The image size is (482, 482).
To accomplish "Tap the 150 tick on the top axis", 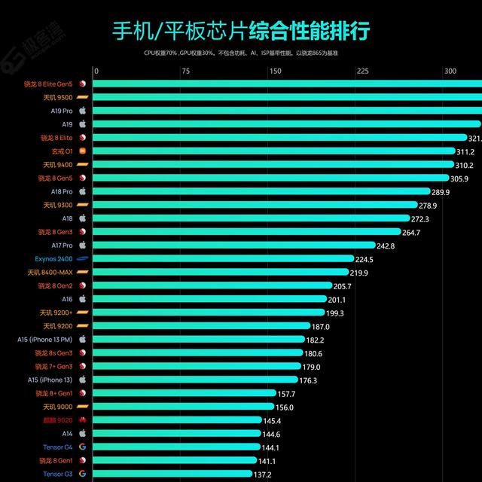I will [x=275, y=72].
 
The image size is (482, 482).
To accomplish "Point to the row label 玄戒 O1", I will [x=58, y=151].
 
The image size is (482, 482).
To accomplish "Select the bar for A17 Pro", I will [x=234, y=245].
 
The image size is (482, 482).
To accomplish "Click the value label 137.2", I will [x=262, y=474].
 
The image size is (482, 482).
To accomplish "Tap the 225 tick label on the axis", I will [x=362, y=72].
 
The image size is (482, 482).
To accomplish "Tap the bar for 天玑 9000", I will [x=185, y=407].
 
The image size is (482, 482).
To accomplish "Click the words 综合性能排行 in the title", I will [x=310, y=32].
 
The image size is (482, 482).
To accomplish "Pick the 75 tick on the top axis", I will [x=185, y=72].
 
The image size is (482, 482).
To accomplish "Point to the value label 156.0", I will [x=285, y=407].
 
